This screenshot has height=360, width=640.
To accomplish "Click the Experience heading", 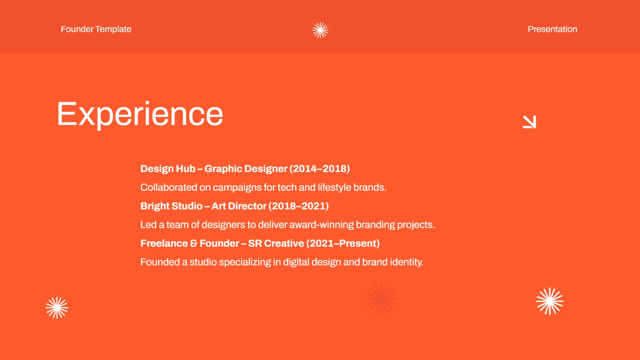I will pos(140,114).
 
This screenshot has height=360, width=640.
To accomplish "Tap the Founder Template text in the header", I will pos(96,29).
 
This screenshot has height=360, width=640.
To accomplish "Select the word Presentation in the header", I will pos(552,29).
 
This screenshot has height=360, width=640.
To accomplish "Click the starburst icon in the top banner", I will pos(320,30).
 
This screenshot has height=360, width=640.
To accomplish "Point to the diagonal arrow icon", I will pos(529,122).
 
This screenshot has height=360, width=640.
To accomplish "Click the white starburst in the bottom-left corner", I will pos(57,308).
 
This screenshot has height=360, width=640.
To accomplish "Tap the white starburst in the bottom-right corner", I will pos(549,301).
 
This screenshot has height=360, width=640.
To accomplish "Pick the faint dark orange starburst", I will pos(381,299).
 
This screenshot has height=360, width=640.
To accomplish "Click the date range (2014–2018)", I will pos(319,169).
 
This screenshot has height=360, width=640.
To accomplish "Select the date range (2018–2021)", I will pos(299,206).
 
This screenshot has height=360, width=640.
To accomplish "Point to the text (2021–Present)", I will pos(343,243).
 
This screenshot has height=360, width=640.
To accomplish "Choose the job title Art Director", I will pos(238,206).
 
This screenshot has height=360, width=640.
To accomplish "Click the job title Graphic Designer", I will pos(246,169).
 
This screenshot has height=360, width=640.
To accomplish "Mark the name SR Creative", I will pos(276,243).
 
